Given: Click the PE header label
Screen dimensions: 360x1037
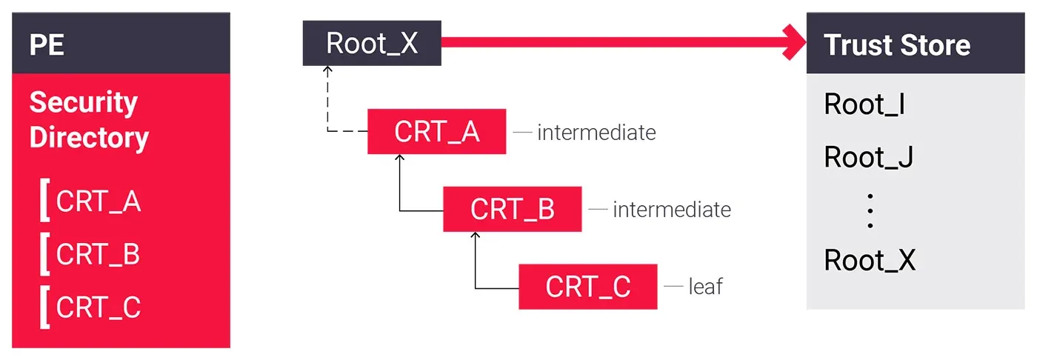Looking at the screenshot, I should click(47, 45).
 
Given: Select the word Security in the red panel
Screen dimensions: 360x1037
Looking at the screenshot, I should click(83, 102).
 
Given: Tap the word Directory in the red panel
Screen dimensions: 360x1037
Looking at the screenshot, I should click(89, 138).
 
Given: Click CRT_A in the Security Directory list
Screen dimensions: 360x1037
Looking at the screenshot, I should click(98, 201).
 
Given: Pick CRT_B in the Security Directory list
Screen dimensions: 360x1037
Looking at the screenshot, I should click(98, 255).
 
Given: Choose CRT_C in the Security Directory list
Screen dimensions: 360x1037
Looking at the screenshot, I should click(98, 307).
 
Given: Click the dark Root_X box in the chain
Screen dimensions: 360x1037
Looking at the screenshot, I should click(372, 44).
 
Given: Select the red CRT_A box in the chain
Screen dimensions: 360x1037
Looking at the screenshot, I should click(436, 132).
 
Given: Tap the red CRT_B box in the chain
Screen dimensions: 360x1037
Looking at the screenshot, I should click(512, 210).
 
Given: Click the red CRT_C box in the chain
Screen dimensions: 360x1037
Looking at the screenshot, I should click(587, 287).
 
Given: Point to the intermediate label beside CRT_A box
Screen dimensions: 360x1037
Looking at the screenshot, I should click(596, 133).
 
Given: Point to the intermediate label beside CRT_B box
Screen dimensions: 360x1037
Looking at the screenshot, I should click(672, 210).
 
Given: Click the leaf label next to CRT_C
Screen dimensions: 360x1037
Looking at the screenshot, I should click(705, 287).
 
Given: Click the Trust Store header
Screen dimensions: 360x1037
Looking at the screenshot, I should click(897, 45).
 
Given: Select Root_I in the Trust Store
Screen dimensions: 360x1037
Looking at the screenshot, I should click(864, 105).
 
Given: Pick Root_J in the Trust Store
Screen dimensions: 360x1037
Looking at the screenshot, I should click(868, 157).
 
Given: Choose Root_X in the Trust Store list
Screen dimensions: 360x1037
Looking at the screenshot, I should click(870, 261).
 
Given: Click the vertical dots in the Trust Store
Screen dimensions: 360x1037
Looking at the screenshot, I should click(870, 210).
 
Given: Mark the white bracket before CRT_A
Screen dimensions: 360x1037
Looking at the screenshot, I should click(44, 201).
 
